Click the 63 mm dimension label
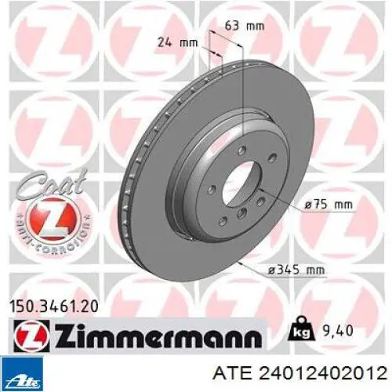click(x=245, y=26)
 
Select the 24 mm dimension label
click(x=178, y=42)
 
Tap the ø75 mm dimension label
click(x=328, y=205)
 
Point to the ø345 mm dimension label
click(x=296, y=269)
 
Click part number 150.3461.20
click(x=54, y=307)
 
